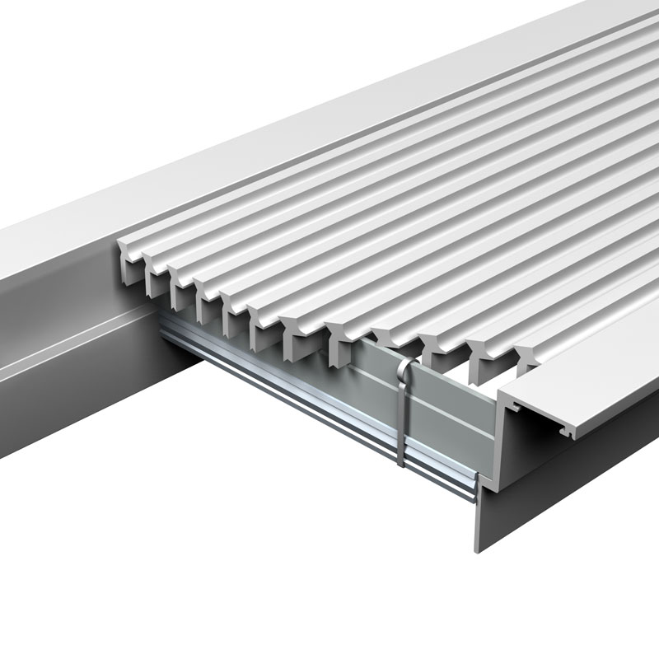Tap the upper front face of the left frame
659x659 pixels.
point(49,272)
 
